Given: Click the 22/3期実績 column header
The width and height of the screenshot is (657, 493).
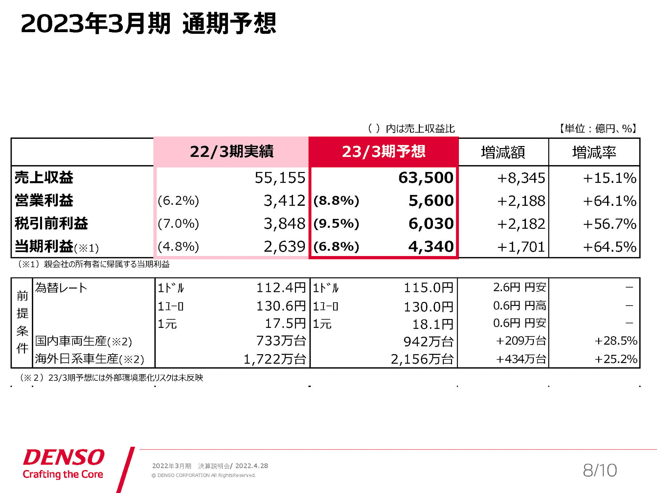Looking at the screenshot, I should click(x=231, y=152).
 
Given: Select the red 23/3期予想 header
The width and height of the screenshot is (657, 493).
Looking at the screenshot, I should click(x=383, y=152).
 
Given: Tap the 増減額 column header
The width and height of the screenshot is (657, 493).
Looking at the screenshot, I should click(x=503, y=152).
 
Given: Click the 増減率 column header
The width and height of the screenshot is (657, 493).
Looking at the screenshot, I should click(x=594, y=152).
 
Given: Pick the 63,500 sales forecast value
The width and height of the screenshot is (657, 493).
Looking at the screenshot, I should click(x=426, y=178).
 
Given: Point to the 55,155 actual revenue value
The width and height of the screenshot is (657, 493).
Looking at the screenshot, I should click(x=280, y=178).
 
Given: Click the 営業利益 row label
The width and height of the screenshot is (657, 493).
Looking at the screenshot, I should click(x=44, y=201).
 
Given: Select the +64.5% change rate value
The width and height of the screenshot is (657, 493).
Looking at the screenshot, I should click(x=609, y=247).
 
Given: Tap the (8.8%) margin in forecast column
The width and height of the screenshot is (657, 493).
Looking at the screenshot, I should click(x=336, y=201).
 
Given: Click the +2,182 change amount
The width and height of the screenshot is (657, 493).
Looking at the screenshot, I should click(x=521, y=224).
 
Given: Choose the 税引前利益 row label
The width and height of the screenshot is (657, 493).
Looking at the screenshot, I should click(x=51, y=224).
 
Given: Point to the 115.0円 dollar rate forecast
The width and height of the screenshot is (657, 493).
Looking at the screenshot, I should click(x=428, y=288).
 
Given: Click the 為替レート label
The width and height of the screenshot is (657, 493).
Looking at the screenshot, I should click(x=61, y=288).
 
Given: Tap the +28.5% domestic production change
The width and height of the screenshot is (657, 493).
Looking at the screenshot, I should click(x=616, y=341).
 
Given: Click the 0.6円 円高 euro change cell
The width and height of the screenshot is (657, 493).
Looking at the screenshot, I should click(x=519, y=306).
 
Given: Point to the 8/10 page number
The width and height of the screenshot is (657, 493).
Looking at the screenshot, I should click(x=600, y=470).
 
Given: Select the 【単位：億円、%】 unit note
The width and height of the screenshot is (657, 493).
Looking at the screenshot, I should click(x=597, y=129).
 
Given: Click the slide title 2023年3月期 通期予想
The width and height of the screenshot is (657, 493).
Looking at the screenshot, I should click(x=149, y=24).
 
